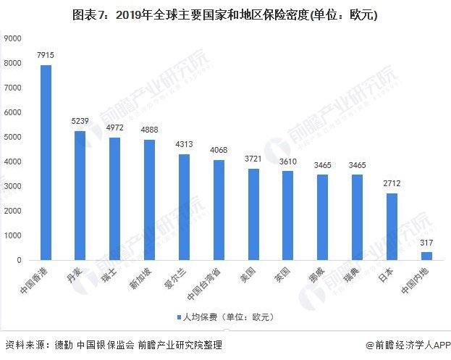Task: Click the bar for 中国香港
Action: click(x=46, y=162)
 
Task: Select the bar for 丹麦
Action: click(x=80, y=196)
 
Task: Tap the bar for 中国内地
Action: click(x=426, y=256)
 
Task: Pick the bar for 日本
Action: click(x=392, y=226)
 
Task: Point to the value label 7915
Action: click(x=46, y=55)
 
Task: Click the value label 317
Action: click(x=426, y=242)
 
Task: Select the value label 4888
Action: click(x=149, y=130)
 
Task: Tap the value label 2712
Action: click(x=392, y=183)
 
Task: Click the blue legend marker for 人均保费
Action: click(x=178, y=317)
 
